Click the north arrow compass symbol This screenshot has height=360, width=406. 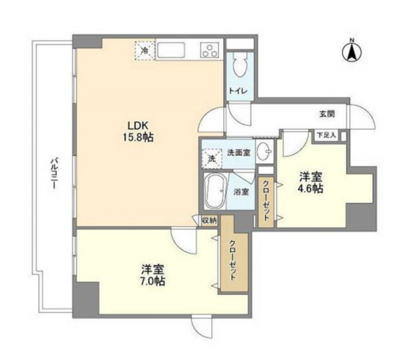click(x=352, y=52)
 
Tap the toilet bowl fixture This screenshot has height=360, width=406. click(x=240, y=65)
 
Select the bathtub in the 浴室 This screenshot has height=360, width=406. click(x=215, y=191)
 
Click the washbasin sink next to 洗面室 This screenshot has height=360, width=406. click(x=264, y=151)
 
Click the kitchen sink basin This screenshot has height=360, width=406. click(x=171, y=51)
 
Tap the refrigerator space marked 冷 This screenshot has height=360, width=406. click(x=145, y=50)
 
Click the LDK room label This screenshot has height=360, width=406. click(x=138, y=125)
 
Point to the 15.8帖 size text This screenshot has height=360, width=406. click(x=138, y=137)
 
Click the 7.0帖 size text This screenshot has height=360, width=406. click(x=153, y=281)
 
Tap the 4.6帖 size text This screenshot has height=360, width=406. click(x=311, y=189)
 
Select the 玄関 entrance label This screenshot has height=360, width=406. click(x=327, y=114)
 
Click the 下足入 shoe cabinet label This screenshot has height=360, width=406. click(x=326, y=135)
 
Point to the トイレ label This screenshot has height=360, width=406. click(x=238, y=91)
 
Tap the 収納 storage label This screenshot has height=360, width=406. click(x=209, y=221)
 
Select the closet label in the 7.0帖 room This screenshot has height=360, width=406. click(x=232, y=261)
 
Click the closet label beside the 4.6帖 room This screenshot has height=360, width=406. click(x=266, y=200)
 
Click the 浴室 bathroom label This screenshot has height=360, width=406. click(x=242, y=192)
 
